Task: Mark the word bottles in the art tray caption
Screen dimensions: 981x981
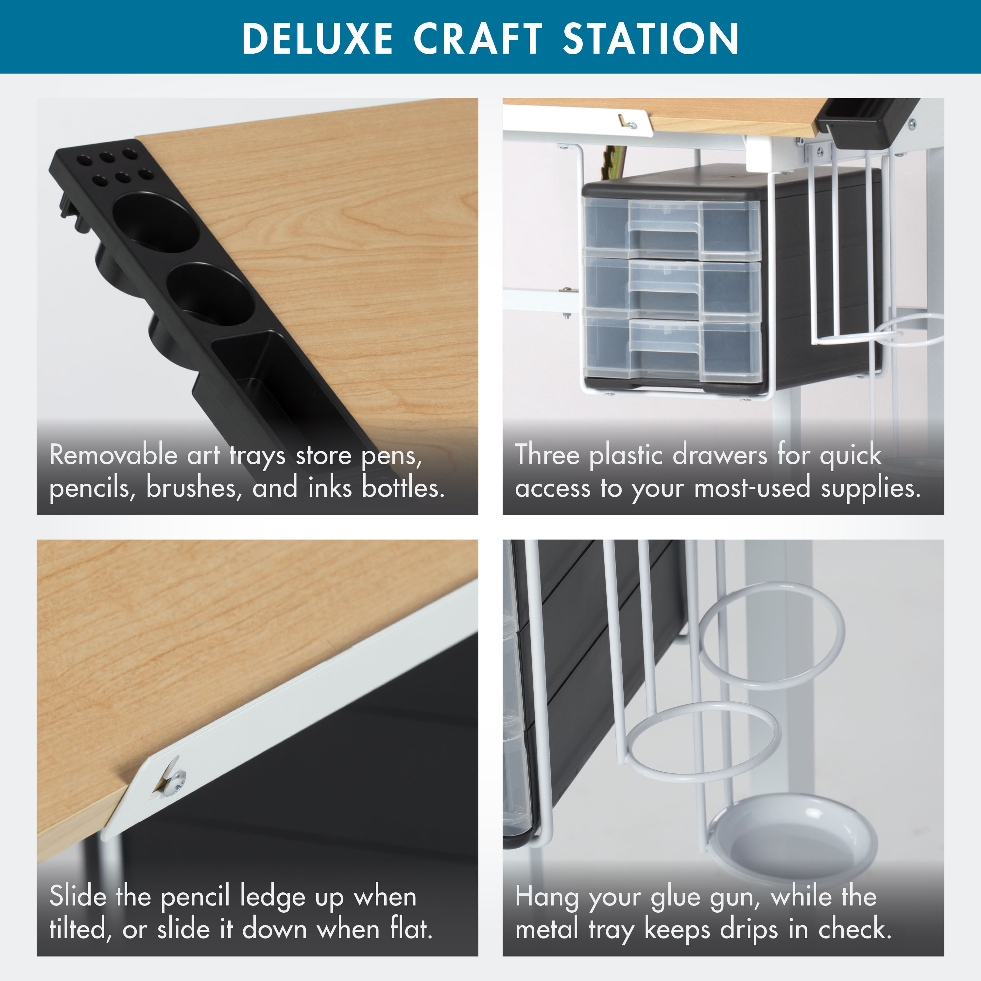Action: click(403, 488)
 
